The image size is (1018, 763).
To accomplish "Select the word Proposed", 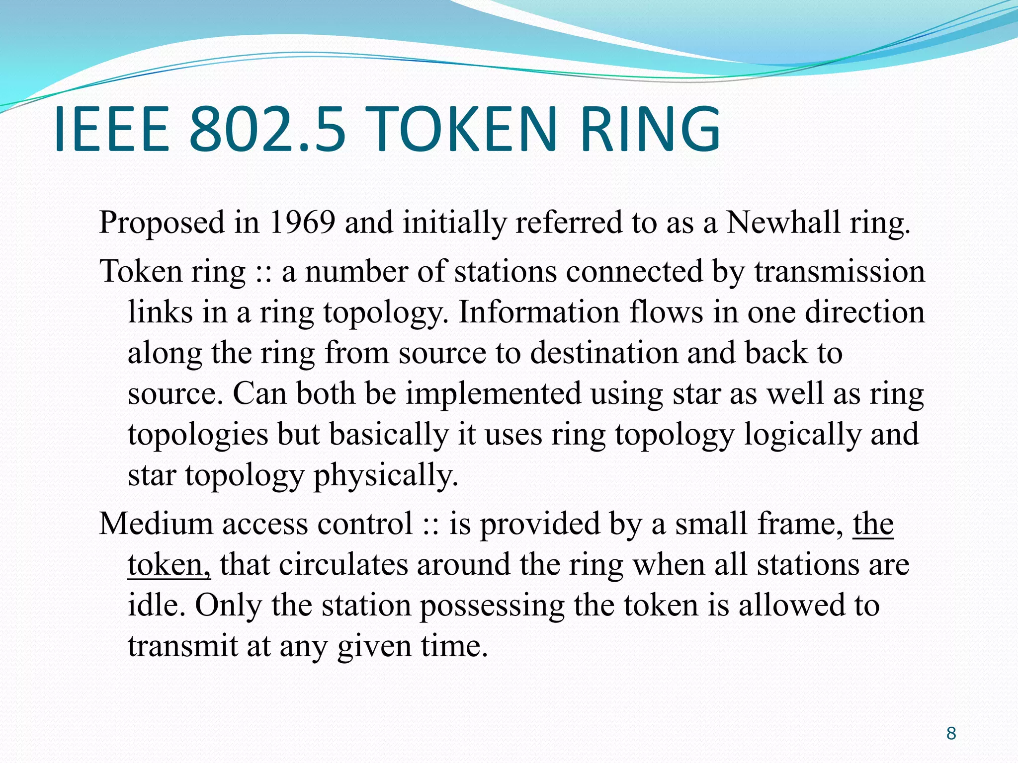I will point(162,223).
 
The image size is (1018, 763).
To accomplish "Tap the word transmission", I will point(840,272).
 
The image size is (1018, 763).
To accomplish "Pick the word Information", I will point(538,312).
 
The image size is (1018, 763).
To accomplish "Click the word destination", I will point(604,353).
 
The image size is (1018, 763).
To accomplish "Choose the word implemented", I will point(494,394).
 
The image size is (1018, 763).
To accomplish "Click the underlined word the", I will point(873,524).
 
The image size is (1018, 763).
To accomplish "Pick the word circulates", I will point(340,565).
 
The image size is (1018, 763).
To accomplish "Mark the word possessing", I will point(492,606).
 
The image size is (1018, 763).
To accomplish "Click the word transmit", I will point(182,646).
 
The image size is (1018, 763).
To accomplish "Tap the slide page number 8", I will point(951,733).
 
